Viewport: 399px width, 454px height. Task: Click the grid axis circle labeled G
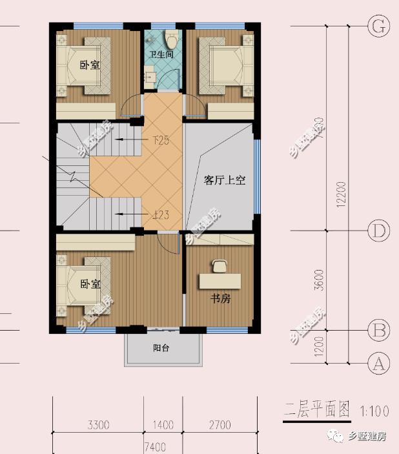(x=378, y=26)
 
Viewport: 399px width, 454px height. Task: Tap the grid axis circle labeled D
(x=378, y=230)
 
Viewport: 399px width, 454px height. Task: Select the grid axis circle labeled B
(x=378, y=330)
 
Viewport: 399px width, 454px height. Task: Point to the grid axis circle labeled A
(x=378, y=363)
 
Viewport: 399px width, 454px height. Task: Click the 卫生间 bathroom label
(x=161, y=56)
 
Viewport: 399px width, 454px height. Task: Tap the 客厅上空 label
(x=225, y=181)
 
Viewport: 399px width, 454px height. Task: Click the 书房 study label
(x=221, y=300)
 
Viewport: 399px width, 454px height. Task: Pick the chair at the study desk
(x=220, y=264)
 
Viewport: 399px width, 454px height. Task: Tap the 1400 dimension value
(x=163, y=425)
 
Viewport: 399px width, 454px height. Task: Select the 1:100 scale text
(x=373, y=410)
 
